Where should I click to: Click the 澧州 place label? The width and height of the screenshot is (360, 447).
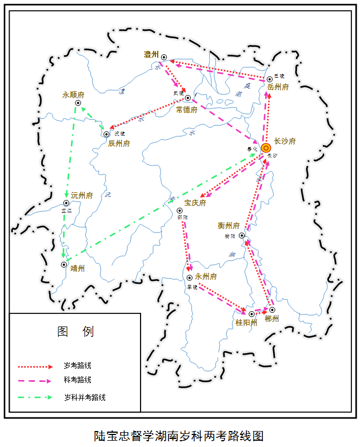(x=151, y=54)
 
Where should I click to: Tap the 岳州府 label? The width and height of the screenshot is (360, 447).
(x=278, y=87)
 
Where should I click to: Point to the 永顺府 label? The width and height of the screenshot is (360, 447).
(x=73, y=95)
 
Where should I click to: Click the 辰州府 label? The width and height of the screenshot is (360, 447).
(x=119, y=143)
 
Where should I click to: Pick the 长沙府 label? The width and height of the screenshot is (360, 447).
(x=285, y=141)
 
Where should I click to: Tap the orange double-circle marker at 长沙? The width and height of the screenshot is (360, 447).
(x=266, y=148)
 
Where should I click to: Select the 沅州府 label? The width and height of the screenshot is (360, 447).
(x=82, y=195)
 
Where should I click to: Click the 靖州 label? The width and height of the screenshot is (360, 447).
(x=77, y=268)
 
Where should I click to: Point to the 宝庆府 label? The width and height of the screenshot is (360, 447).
(x=194, y=203)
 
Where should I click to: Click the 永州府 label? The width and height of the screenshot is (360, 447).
(x=206, y=276)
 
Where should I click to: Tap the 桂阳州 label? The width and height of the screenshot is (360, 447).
(x=246, y=323)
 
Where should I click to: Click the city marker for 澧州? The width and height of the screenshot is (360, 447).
(x=164, y=57)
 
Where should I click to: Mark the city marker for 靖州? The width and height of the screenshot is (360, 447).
(x=64, y=264)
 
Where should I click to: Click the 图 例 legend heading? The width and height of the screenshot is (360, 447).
(x=75, y=332)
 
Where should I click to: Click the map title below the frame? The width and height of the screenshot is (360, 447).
(x=179, y=436)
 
